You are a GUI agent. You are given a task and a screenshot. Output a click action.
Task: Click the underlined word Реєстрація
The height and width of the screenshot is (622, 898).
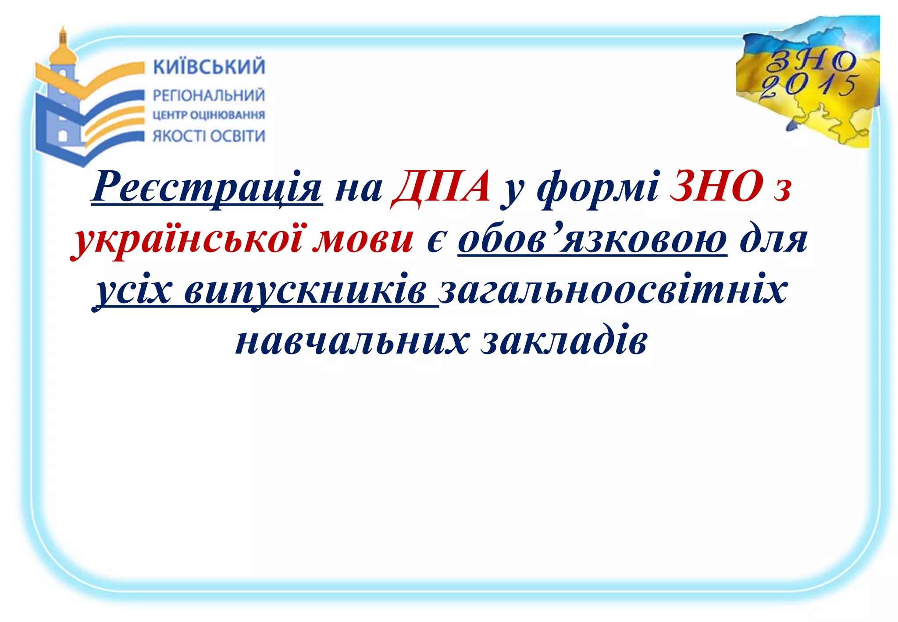click(x=207, y=187)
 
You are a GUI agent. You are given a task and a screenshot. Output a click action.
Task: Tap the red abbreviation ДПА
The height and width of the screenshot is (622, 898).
click(x=441, y=186)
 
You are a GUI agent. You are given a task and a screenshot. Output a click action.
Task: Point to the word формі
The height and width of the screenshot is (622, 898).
click(x=598, y=189)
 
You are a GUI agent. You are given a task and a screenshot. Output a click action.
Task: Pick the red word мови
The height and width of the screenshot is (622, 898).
click(x=363, y=240)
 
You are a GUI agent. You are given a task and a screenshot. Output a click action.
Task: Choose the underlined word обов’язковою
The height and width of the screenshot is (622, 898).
click(x=592, y=240)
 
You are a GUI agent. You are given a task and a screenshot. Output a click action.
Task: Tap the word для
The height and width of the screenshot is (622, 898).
click(x=773, y=240)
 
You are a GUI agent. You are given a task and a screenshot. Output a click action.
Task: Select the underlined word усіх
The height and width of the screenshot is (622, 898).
click(x=134, y=290)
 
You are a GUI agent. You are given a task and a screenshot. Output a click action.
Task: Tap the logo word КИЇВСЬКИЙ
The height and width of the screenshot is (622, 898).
click(x=209, y=67)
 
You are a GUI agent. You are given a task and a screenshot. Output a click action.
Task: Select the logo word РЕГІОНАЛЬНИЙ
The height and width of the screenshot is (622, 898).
click(x=209, y=95)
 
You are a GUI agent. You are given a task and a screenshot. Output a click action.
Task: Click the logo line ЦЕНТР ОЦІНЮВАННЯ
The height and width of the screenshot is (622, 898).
click(x=209, y=115)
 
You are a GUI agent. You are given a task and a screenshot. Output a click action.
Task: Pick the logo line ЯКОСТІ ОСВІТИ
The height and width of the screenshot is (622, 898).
click(x=209, y=136)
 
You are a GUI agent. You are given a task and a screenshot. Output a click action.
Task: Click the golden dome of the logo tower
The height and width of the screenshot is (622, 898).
click(x=62, y=52)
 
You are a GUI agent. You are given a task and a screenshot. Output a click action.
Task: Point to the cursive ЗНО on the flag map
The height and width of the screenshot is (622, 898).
click(x=811, y=61)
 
